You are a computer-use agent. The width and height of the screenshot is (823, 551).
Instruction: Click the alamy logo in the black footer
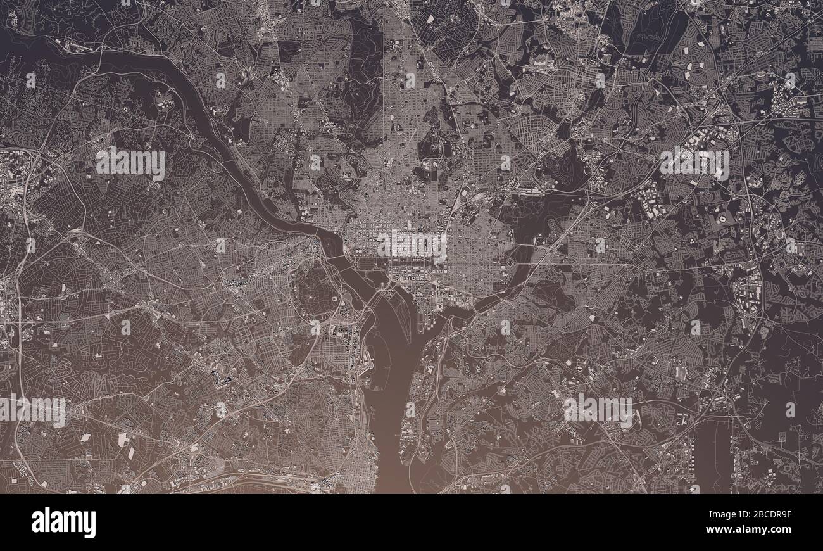(x=63, y=523)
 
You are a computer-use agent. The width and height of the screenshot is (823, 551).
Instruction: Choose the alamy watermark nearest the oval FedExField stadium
(x=694, y=163)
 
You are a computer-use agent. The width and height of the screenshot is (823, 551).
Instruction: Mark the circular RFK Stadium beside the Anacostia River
(x=510, y=262)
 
